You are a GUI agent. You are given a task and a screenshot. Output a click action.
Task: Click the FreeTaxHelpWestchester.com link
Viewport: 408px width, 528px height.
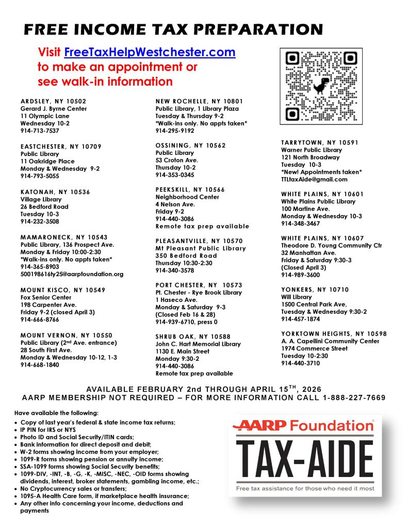coord(150,53)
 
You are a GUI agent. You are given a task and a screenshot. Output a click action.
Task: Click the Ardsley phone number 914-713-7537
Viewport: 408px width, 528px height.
coord(40,131)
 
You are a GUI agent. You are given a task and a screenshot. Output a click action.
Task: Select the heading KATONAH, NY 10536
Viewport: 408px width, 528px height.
coord(55,192)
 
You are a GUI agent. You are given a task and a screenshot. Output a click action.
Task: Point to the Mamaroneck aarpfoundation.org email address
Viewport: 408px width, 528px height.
coord(72,274)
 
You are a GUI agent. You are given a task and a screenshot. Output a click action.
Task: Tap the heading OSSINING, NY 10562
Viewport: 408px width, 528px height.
coord(190,146)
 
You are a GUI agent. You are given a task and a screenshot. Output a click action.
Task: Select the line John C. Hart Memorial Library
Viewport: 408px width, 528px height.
coord(198,344)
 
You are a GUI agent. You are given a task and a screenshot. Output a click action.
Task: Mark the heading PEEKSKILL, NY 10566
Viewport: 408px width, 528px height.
coord(190,190)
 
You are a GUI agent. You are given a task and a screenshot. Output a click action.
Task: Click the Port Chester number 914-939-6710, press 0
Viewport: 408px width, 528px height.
coord(186,322)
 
